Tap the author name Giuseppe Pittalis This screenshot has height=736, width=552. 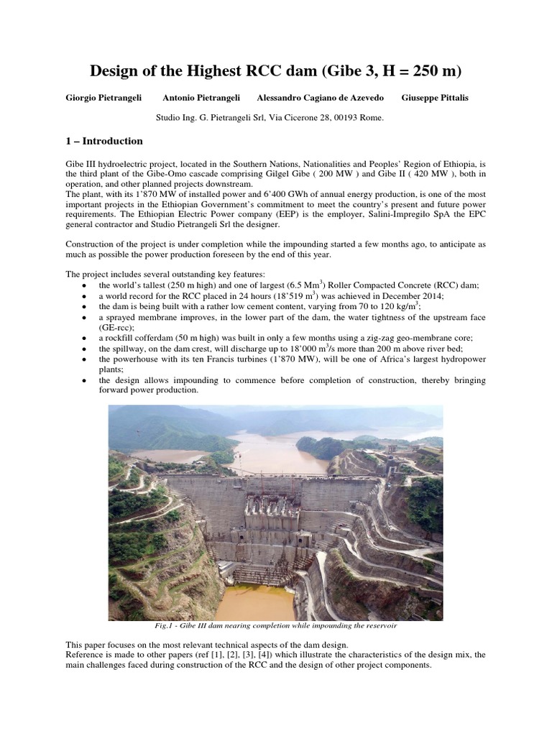[x=435, y=98]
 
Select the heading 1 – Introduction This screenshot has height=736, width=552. [x=104, y=141]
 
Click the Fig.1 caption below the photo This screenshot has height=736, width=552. [x=275, y=625]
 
